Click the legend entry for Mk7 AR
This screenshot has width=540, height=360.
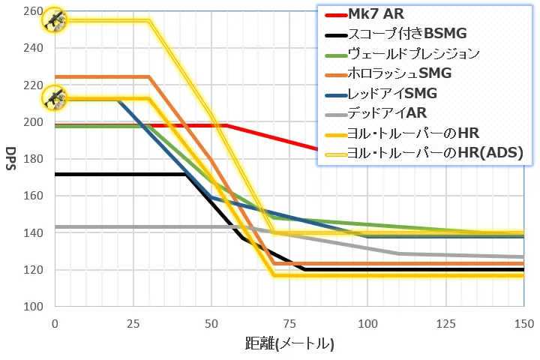coord(374,14)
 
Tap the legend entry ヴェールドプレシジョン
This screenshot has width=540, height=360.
coord(413,53)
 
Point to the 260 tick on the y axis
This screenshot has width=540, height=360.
coord(33,10)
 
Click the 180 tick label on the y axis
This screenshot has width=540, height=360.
coord(33,158)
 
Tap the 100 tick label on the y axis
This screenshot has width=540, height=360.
coord(33,306)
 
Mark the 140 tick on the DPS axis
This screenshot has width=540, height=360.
coord(33,232)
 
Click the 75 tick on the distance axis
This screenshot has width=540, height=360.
coord(289,323)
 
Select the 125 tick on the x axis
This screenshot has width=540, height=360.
coord(445,323)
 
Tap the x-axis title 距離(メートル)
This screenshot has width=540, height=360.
coord(289,344)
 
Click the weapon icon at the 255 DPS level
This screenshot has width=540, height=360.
coord(54,19)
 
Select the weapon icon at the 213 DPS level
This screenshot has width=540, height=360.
coord(54,97)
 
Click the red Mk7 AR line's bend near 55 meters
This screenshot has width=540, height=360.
coord(226,125)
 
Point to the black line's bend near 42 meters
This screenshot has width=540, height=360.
coord(185,175)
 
